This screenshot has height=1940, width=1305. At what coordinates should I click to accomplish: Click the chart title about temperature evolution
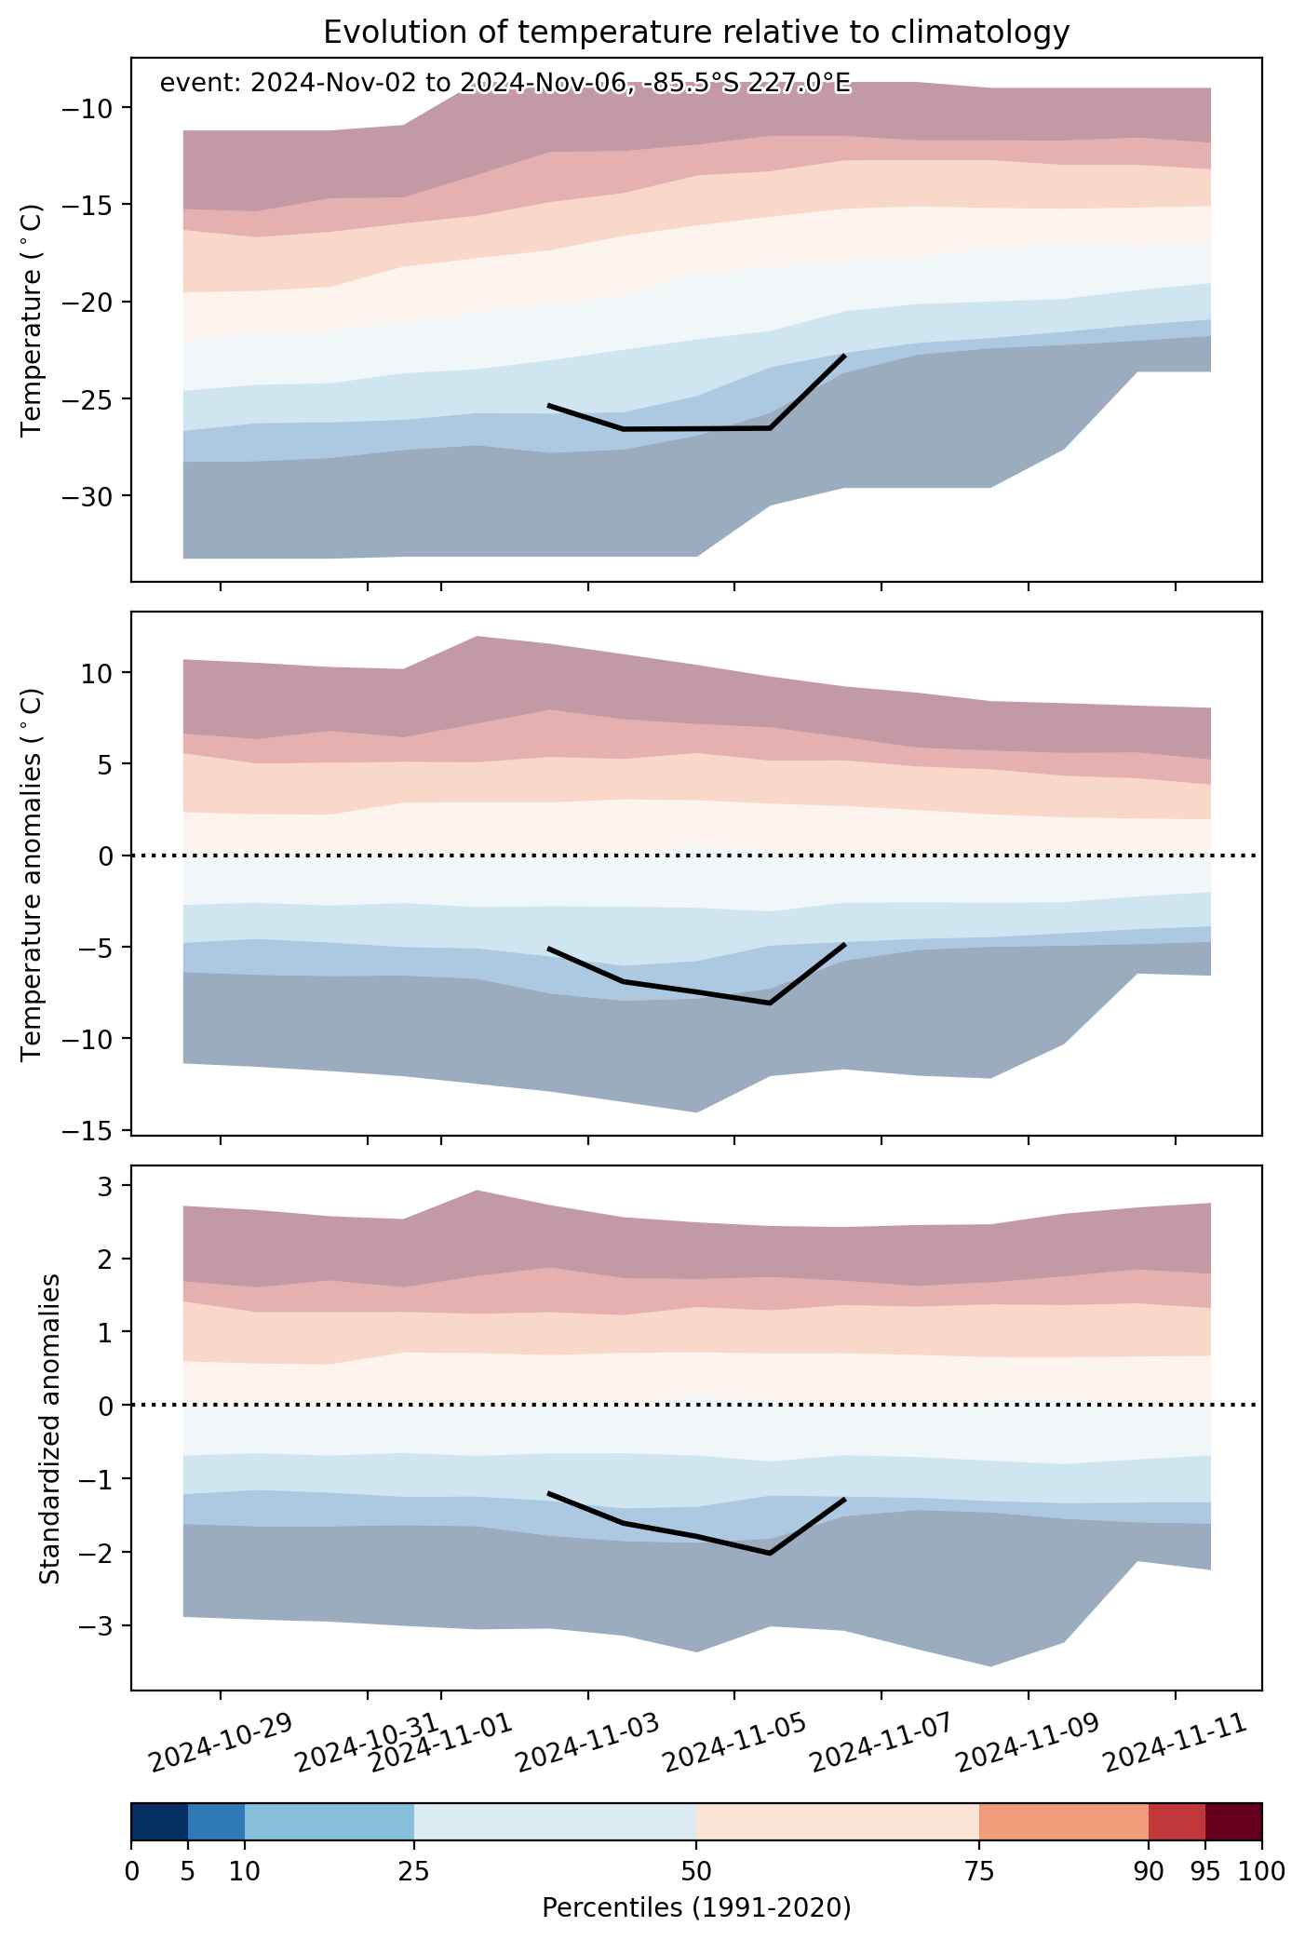tap(696, 33)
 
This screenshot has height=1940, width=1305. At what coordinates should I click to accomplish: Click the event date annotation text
tap(505, 84)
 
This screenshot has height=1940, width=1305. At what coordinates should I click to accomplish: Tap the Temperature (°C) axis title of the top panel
tap(32, 320)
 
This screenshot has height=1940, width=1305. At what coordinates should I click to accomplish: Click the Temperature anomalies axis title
tap(32, 873)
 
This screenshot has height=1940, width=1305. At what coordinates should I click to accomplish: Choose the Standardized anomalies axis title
tap(50, 1428)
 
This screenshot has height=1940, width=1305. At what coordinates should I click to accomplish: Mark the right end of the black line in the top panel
tap(844, 356)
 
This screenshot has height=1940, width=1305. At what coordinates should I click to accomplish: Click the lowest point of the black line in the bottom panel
tap(771, 1553)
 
